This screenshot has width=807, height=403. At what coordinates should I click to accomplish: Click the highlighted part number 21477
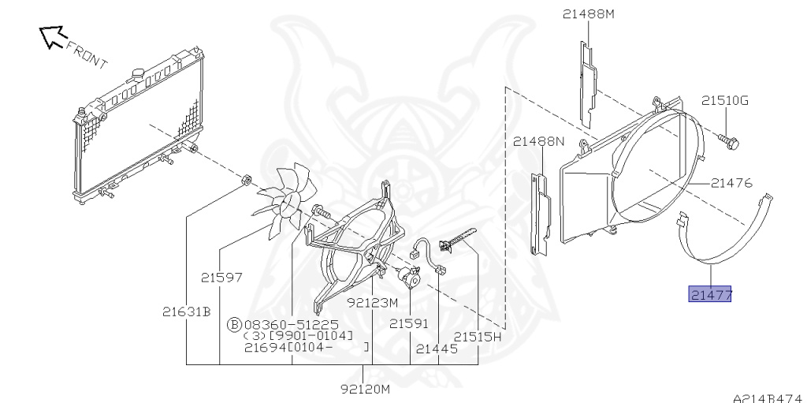(710, 294)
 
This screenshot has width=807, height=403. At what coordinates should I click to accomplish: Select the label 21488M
(588, 14)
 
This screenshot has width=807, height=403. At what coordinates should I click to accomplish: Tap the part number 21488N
(538, 141)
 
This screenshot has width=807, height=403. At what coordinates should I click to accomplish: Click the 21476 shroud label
(731, 183)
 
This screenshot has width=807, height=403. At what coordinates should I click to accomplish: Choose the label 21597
(221, 278)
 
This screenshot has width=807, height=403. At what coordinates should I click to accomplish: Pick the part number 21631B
(186, 312)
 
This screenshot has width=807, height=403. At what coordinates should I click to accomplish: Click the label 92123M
(372, 303)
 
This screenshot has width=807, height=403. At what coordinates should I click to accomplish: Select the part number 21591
(409, 323)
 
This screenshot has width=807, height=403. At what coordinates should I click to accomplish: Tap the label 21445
(437, 349)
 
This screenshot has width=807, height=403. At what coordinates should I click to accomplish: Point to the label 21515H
(477, 337)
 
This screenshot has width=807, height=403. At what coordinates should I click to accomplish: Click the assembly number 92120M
(366, 389)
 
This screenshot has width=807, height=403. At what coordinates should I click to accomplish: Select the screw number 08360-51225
(292, 325)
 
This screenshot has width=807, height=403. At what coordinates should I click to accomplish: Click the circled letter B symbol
(234, 325)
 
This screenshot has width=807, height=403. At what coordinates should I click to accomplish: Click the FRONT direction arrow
(54, 37)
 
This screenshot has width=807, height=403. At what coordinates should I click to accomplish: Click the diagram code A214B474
(770, 397)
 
